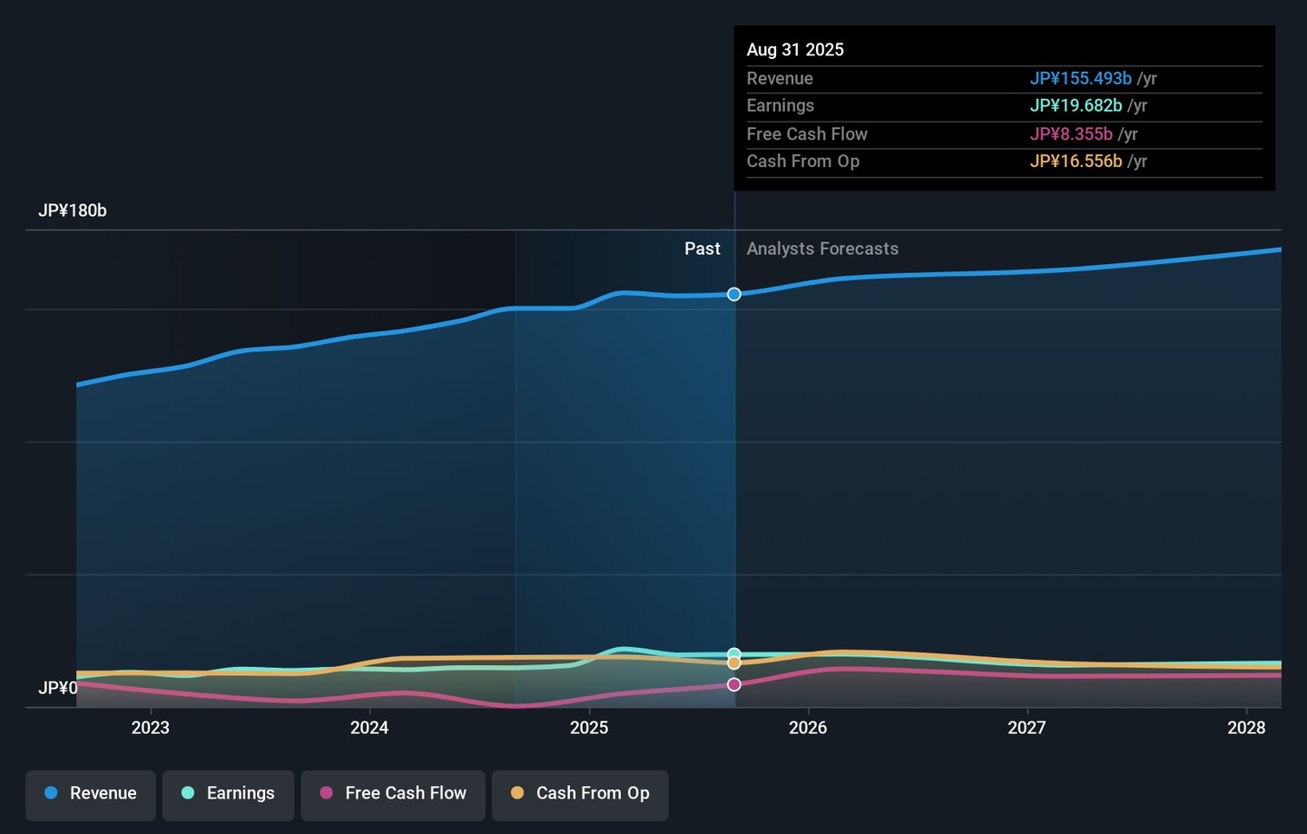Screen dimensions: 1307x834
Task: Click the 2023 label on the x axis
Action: [151, 728]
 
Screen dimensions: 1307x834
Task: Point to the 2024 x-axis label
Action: [369, 728]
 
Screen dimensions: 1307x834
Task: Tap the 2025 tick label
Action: [589, 728]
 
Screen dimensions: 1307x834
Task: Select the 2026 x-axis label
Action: [808, 728]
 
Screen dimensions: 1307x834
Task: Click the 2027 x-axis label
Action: [1027, 728]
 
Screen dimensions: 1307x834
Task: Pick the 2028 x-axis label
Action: [1246, 728]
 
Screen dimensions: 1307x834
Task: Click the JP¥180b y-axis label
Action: [73, 211]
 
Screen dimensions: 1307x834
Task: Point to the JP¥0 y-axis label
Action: [58, 688]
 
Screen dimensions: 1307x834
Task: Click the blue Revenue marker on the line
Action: [734, 294]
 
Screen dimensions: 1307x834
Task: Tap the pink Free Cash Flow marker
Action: [734, 684]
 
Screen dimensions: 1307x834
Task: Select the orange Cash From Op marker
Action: [734, 662]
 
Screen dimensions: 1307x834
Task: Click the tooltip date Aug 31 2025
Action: [795, 50]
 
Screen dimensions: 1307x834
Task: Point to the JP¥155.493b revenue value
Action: [1081, 78]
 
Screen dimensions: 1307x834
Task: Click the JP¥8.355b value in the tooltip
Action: [1071, 134]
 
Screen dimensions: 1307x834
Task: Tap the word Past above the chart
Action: [703, 249]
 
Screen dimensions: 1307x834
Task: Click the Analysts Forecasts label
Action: [822, 249]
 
